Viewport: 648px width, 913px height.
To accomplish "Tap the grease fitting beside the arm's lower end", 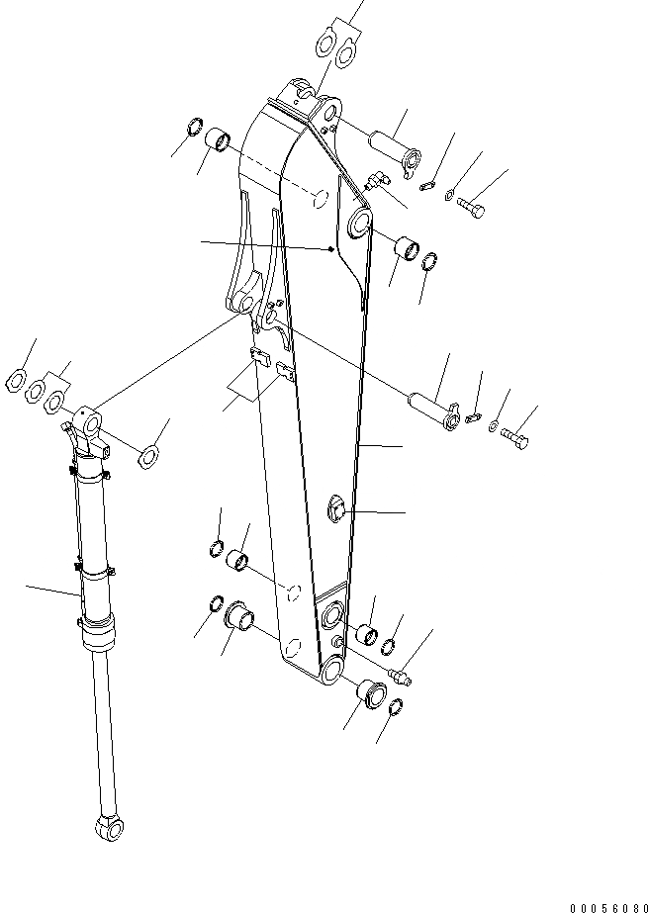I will pyautogui.click(x=403, y=677).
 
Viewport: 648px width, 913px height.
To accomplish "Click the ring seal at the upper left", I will pyautogui.click(x=196, y=129).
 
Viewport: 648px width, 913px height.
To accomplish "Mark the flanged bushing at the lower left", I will pyautogui.click(x=240, y=615).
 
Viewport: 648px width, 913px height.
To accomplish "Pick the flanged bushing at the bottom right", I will pyautogui.click(x=369, y=692).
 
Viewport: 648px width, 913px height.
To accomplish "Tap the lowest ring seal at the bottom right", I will pyautogui.click(x=394, y=706).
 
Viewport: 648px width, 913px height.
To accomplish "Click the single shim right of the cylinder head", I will pyautogui.click(x=148, y=455).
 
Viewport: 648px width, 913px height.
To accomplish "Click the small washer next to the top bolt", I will pyautogui.click(x=451, y=194).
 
